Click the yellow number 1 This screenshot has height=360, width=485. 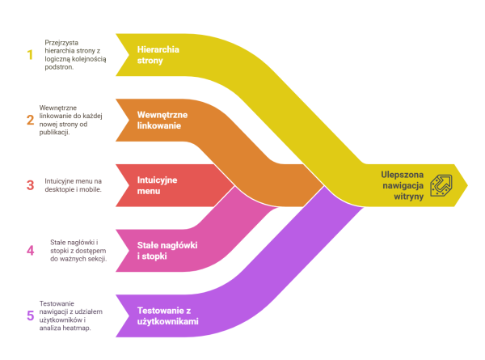tap(30, 55)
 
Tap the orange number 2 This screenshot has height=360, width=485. tap(31, 120)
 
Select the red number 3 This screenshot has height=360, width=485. tap(31, 185)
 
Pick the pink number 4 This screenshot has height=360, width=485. tap(31, 251)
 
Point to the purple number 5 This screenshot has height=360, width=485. tap(31, 316)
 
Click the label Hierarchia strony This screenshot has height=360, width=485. tap(158, 55)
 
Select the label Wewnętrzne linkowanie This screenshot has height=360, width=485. tap(162, 120)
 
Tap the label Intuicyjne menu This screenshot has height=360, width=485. tap(157, 185)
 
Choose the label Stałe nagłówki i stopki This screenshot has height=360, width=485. tap(167, 251)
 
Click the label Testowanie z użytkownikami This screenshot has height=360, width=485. tap(168, 316)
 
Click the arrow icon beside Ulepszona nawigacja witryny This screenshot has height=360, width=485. tap(441, 185)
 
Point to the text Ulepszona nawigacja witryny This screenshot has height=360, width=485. tap(403, 185)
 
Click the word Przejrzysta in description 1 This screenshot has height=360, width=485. tap(61, 43)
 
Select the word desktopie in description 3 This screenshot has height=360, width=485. tap(59, 189)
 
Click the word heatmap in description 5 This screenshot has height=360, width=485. tap(77, 328)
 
